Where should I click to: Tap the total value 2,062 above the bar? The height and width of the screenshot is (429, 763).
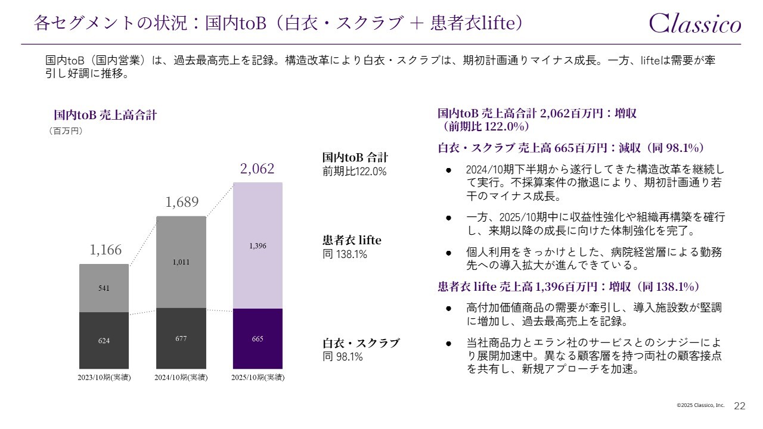pyautogui.click(x=258, y=169)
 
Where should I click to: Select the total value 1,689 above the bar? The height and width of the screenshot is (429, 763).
pyautogui.click(x=182, y=203)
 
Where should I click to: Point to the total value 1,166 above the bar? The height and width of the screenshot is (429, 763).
pyautogui.click(x=106, y=250)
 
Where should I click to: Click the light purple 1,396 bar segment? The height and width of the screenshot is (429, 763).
pyautogui.click(x=258, y=245)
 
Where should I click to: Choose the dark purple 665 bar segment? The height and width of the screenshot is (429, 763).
pyautogui.click(x=258, y=338)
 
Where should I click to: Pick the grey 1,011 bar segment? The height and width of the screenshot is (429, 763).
pyautogui.click(x=181, y=262)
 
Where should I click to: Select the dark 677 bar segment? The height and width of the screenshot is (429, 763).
pyautogui.click(x=181, y=338)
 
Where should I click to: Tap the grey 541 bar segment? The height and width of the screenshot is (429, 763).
pyautogui.click(x=104, y=288)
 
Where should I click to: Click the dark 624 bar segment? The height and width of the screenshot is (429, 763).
pyautogui.click(x=104, y=341)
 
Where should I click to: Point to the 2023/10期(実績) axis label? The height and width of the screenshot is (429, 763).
pyautogui.click(x=104, y=378)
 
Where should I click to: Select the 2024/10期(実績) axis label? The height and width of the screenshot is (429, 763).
pyautogui.click(x=181, y=378)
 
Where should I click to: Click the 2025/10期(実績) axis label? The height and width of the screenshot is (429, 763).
pyautogui.click(x=258, y=378)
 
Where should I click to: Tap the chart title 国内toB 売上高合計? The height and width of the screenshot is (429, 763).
pyautogui.click(x=106, y=115)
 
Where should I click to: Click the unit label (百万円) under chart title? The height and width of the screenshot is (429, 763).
pyautogui.click(x=65, y=131)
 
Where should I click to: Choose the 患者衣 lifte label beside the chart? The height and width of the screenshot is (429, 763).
pyautogui.click(x=351, y=241)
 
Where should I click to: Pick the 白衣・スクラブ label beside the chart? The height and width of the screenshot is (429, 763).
pyautogui.click(x=361, y=343)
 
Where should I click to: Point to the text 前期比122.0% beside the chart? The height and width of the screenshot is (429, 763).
pyautogui.click(x=354, y=172)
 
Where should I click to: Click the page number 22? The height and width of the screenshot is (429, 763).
pyautogui.click(x=739, y=406)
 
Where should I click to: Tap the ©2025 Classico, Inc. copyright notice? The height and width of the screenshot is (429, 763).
pyautogui.click(x=700, y=405)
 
